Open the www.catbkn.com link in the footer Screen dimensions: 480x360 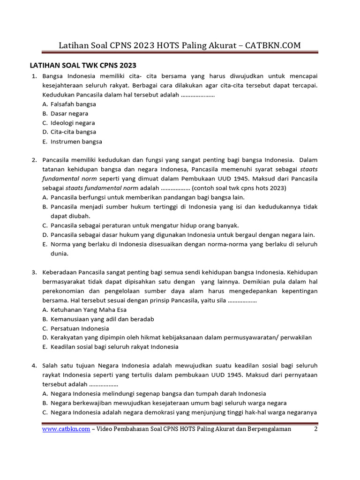tap(66, 428)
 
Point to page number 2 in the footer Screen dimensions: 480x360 tap(315, 428)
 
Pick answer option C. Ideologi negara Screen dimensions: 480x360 tap(73, 123)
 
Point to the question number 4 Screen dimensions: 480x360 tap(34, 366)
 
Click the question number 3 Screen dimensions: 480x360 tap(34, 272)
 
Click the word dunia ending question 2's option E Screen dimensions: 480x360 tap(60, 254)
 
